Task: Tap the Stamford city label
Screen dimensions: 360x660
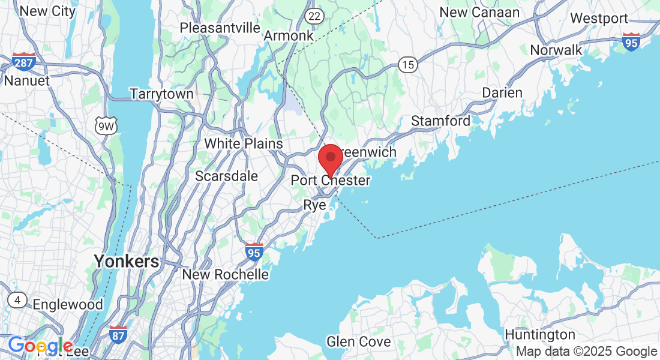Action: click(x=440, y=121)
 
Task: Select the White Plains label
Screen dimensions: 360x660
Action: click(x=244, y=143)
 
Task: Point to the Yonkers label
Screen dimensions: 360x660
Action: click(x=126, y=261)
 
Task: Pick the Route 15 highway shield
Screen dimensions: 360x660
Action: click(x=408, y=65)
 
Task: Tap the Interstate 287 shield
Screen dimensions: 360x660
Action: click(x=23, y=61)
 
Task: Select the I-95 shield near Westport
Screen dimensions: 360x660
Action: click(x=631, y=42)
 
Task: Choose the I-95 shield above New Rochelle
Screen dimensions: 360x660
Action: click(x=254, y=253)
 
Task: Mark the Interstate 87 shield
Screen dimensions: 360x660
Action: click(x=118, y=334)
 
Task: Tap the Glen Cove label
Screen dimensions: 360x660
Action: click(x=358, y=342)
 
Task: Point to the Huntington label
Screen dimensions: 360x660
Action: click(x=540, y=334)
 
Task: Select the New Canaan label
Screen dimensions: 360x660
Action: click(x=479, y=12)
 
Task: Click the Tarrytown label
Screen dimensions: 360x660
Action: click(x=162, y=94)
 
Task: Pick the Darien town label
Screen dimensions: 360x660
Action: click(x=502, y=93)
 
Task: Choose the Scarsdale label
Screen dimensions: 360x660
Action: click(x=227, y=176)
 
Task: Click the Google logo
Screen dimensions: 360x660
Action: click(x=40, y=346)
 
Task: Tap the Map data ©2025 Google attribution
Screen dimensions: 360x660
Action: click(x=587, y=352)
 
